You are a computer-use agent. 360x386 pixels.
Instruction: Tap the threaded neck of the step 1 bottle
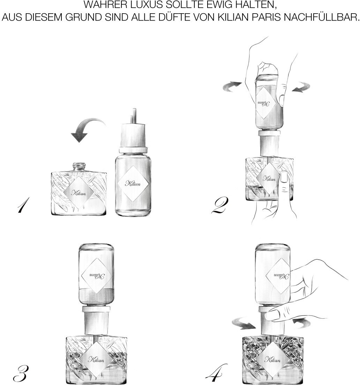point(79,167)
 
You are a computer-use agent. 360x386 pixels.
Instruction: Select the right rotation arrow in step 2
point(301,87)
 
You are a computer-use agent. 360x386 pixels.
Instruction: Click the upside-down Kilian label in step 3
point(96,276)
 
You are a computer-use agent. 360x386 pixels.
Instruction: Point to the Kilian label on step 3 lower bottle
point(96,360)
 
